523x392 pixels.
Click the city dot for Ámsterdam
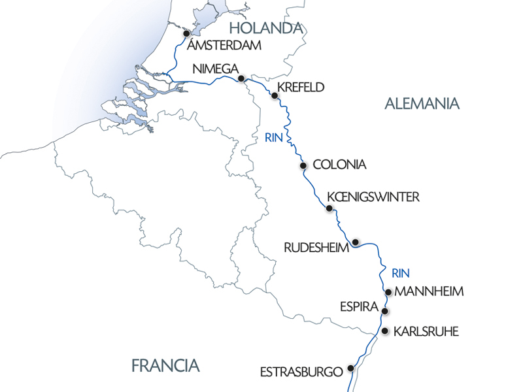[186, 33]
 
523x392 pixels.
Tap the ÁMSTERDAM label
[224, 46]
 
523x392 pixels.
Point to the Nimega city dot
[241, 78]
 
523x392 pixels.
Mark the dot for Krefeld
[275, 96]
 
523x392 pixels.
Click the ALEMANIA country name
[422, 103]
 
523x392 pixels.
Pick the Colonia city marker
[303, 165]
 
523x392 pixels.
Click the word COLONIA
[339, 165]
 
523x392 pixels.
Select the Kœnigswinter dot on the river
[329, 208]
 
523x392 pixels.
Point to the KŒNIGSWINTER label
[371, 197]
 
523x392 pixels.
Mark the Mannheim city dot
[388, 292]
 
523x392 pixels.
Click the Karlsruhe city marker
[385, 331]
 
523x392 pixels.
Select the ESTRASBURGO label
[301, 372]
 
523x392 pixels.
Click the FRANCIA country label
[165, 365]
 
